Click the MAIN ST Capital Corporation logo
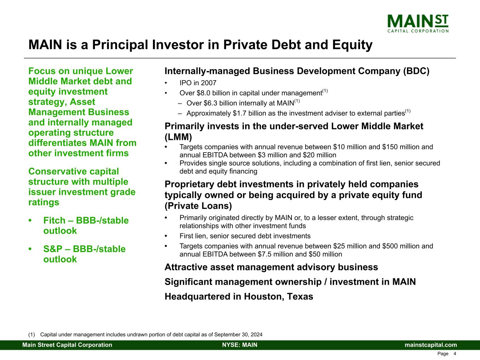418,24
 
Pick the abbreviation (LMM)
178,137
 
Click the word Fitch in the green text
54,220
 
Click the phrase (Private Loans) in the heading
198,206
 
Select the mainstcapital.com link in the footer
431,345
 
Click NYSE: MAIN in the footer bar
240,345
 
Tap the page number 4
455,354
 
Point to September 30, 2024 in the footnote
238,335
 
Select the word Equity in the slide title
352,45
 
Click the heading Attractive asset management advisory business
271,267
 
